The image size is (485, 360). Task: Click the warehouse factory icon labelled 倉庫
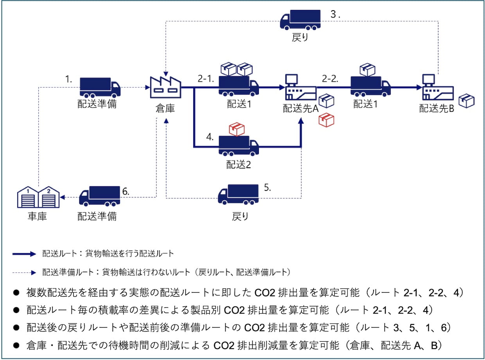coord(165,87)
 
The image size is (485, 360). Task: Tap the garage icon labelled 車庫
coord(38,197)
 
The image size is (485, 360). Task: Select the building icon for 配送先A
coord(301,87)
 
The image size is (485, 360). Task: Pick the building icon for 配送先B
coord(438,87)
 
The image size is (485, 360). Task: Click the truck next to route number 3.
coord(300,20)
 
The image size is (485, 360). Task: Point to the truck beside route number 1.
coord(100,88)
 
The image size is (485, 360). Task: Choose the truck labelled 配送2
coord(239,146)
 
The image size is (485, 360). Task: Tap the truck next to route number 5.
coord(238,195)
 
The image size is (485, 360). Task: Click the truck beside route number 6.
coord(99,196)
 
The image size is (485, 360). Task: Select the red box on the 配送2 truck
coord(237,129)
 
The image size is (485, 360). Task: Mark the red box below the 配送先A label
coord(326,120)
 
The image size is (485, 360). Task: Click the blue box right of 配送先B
coord(466,101)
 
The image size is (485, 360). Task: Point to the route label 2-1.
coord(206,79)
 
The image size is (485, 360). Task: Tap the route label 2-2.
coord(330,79)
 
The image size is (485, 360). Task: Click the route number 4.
coord(210,137)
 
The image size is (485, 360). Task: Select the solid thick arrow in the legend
coord(24,254)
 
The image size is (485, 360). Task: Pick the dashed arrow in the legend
coord(24,272)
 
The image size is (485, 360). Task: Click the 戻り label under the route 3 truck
coord(300,38)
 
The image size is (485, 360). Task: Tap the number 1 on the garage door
coord(28,191)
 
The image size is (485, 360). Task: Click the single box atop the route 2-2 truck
coord(367,70)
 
